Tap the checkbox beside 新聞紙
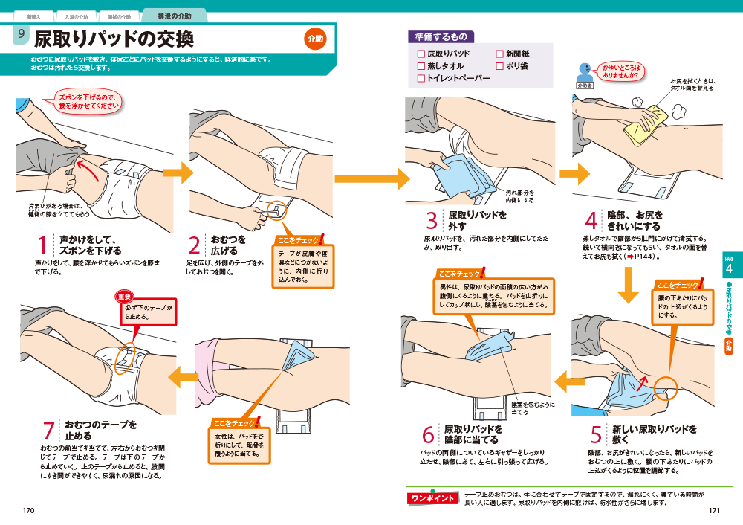click(x=499, y=54)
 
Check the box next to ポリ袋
click(x=499, y=66)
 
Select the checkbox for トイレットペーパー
click(x=421, y=78)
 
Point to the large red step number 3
click(x=432, y=221)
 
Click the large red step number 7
click(x=49, y=431)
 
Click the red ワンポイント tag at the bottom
click(x=432, y=497)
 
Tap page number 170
click(x=29, y=511)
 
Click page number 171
click(x=714, y=511)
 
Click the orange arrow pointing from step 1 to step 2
click(x=177, y=173)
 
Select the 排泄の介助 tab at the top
click(x=174, y=16)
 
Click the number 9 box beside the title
click(x=22, y=35)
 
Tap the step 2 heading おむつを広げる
click(x=228, y=245)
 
